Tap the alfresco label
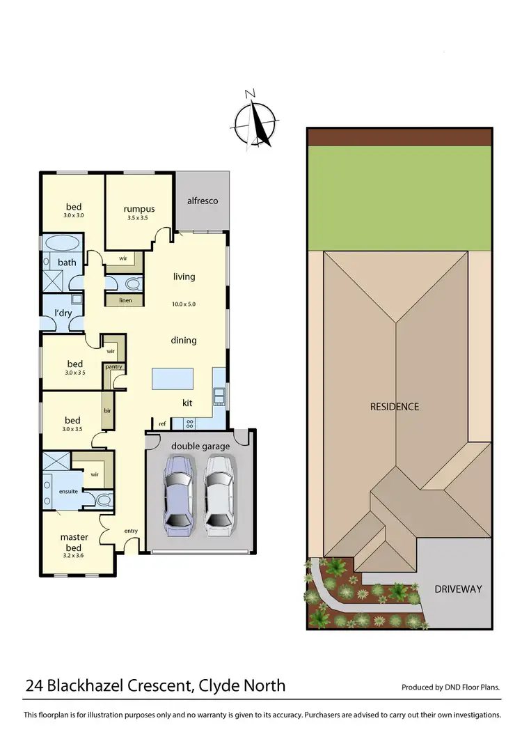click(x=203, y=201)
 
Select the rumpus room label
click(x=139, y=209)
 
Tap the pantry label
click(x=114, y=366)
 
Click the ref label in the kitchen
click(x=161, y=423)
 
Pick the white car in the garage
click(x=218, y=495)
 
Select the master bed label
click(x=74, y=541)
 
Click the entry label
click(x=130, y=531)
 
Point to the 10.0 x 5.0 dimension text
click(x=184, y=304)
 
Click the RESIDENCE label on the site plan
click(x=395, y=406)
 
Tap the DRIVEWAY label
click(x=458, y=589)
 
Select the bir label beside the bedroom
click(x=108, y=411)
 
